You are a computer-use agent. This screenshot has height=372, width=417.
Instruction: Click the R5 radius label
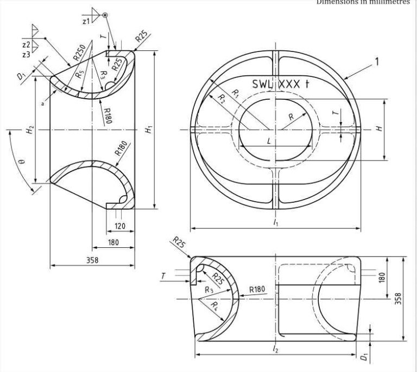click(x=80, y=72)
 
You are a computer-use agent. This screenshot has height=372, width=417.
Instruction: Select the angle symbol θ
click(x=21, y=162)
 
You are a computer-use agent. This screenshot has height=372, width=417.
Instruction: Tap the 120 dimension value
click(x=119, y=226)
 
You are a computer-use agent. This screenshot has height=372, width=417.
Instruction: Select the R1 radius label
click(x=235, y=93)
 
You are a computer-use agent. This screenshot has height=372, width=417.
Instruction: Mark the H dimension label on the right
click(x=380, y=129)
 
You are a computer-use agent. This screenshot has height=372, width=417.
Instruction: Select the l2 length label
click(x=276, y=350)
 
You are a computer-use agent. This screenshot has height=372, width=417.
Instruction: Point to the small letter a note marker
click(x=42, y=104)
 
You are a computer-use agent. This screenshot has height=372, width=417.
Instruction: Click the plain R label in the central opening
click(x=291, y=117)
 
